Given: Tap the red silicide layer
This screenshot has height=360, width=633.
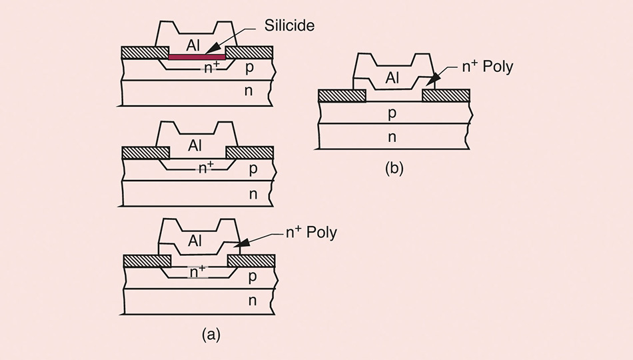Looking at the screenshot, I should [x=197, y=57].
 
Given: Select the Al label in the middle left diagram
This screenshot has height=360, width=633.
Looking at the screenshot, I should [x=195, y=145].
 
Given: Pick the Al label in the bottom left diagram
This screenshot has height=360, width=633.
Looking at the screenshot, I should [x=195, y=241].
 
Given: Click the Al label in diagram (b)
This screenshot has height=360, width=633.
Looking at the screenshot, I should [x=393, y=79].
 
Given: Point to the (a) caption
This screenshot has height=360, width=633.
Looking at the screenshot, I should [x=211, y=335].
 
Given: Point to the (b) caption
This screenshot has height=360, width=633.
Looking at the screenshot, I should [x=394, y=168].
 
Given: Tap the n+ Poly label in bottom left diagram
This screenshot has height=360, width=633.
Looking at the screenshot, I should [x=311, y=233].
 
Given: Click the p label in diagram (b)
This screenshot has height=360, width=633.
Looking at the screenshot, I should [x=392, y=113].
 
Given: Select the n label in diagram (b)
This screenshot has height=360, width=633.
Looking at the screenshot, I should [x=392, y=138].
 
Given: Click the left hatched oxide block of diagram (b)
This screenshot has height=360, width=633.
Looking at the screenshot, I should [x=342, y=95].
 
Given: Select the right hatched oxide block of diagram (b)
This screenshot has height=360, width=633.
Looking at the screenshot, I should [x=446, y=95].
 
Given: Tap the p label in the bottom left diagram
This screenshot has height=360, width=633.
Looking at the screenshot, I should [x=253, y=275].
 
